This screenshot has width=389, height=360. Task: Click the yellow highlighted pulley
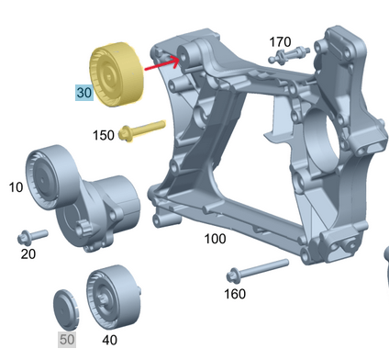pos(114,73)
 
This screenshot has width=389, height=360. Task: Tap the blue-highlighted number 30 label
pos(83,93)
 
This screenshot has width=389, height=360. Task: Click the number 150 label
pos(104,135)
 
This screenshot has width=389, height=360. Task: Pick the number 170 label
pos(280,41)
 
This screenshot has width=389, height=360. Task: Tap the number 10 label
pos(17,187)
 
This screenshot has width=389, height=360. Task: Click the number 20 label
pos(28,253)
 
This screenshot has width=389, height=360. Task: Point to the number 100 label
pos(215,239)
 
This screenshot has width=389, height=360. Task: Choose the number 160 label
pos(236,294)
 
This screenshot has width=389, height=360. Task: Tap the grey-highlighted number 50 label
pos(66,340)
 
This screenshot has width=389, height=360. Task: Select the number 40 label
pos(109,340)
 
